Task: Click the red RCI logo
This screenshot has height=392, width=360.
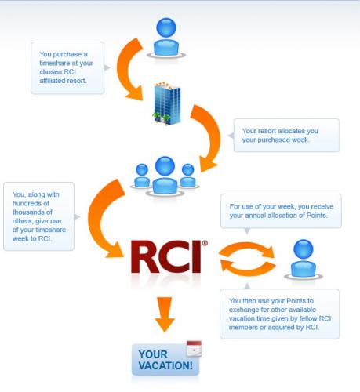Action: tap(166, 256)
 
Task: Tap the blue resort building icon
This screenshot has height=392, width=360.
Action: tap(167, 103)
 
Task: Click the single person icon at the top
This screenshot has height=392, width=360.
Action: tap(166, 38)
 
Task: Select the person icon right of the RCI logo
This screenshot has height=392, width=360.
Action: tap(304, 260)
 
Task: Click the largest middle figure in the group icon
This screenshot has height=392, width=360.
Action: tap(165, 176)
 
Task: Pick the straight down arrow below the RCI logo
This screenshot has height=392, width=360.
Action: tap(165, 314)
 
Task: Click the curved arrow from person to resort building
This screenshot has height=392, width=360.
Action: tap(128, 70)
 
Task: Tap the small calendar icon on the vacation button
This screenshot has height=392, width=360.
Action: tap(194, 349)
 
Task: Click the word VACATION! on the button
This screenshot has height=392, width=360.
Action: tap(165, 365)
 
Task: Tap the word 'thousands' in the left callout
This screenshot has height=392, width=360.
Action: tap(32, 212)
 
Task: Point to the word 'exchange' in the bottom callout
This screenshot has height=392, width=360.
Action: tap(242, 310)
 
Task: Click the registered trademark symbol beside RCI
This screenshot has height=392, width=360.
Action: tap(205, 243)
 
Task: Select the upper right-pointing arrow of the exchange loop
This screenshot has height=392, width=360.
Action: tap(247, 249)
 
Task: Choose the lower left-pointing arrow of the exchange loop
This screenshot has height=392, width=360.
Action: tap(248, 268)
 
